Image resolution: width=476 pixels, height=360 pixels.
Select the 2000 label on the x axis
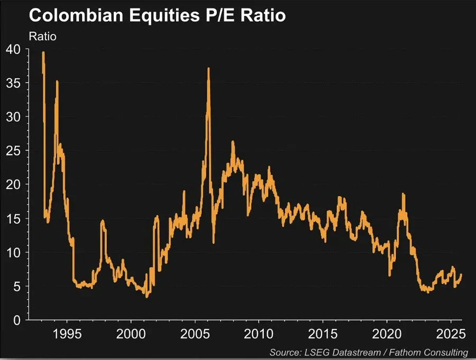click(131, 335)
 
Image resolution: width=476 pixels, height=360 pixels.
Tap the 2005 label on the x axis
click(195, 335)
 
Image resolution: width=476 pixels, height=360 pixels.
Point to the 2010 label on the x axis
click(259, 335)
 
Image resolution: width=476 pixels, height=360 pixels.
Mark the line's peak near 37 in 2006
click(208, 68)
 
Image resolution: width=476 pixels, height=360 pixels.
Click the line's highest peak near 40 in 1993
click(43, 52)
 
